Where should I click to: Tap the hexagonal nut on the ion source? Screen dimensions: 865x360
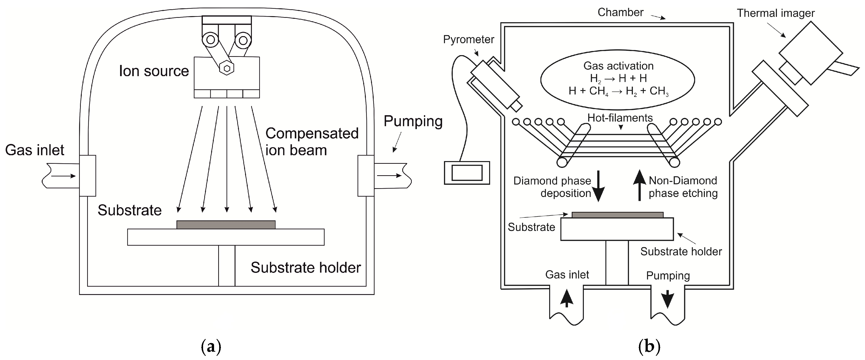coord(227,68)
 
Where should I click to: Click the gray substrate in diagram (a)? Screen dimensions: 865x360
coord(226,224)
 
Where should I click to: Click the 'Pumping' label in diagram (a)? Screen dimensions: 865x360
coord(413,121)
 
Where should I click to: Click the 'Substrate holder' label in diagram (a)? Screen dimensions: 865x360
coord(306,268)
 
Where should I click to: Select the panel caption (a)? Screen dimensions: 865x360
coord(211,347)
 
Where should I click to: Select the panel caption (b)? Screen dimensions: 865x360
coord(649,347)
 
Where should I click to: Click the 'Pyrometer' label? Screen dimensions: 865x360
coord(468,40)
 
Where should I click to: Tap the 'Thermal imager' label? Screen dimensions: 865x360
coord(775,13)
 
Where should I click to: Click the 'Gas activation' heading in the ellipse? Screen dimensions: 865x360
coord(618,66)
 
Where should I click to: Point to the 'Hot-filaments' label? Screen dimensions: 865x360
coord(620,118)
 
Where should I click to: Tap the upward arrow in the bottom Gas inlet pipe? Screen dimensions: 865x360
coord(567,298)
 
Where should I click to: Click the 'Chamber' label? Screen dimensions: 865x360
coord(620,12)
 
